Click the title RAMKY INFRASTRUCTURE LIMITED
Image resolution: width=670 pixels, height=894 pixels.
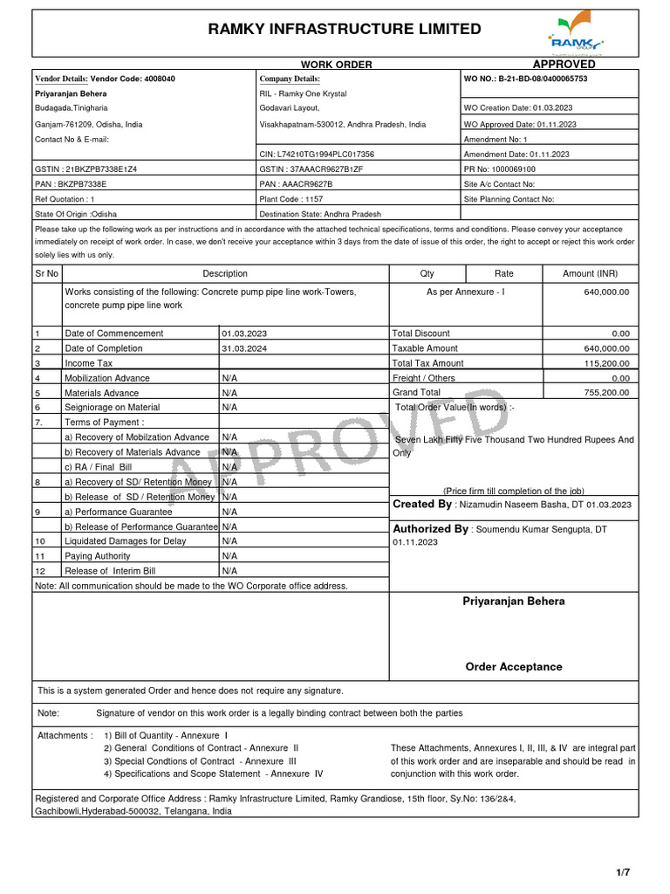click(x=344, y=30)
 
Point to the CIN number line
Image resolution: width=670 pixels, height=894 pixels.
click(x=317, y=154)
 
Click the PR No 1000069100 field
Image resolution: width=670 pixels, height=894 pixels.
click(x=500, y=168)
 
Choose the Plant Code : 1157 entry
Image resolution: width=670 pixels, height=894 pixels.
click(x=291, y=199)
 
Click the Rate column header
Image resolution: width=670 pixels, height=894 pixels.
click(x=503, y=273)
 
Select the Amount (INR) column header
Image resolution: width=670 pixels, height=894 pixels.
click(x=590, y=273)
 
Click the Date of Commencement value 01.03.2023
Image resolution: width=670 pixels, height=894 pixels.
click(x=244, y=334)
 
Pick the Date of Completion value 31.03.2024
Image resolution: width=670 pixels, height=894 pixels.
click(x=244, y=348)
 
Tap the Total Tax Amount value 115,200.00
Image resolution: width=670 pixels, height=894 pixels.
click(x=605, y=363)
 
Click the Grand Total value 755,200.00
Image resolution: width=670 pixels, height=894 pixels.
click(x=605, y=393)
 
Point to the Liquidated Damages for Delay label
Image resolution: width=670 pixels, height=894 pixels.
click(x=126, y=541)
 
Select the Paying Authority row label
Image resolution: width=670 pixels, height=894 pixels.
click(x=98, y=556)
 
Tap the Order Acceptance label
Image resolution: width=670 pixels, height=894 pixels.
click(x=513, y=667)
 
